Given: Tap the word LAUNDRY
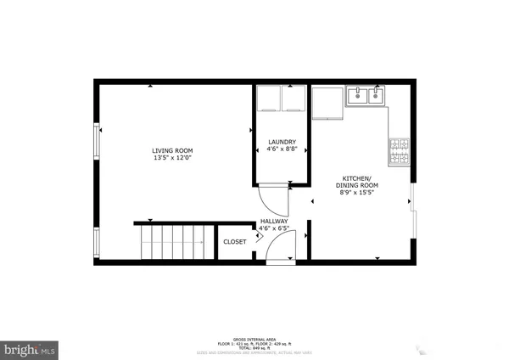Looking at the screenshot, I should pos(282,141).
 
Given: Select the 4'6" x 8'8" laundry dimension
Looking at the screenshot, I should pos(282,149).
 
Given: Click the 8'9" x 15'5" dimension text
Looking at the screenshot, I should pos(356,193).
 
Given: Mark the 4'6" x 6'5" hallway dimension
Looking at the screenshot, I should pos(274,228).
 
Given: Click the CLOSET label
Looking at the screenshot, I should pos(235,242).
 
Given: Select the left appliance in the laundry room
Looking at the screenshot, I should pos(269,99).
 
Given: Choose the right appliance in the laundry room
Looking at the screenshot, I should pos(293,99).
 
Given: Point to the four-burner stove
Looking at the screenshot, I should pos(399,151).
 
